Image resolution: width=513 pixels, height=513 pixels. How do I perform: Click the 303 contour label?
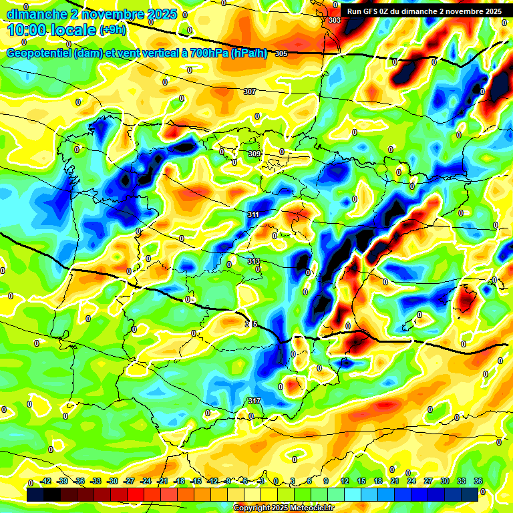click(x=335, y=21)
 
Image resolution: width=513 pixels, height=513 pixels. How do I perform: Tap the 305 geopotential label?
click(x=281, y=53)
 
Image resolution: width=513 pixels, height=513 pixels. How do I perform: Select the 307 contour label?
click(x=250, y=92)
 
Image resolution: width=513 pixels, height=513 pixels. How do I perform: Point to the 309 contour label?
click(x=254, y=154)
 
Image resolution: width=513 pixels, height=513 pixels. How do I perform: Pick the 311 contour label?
click(x=253, y=214)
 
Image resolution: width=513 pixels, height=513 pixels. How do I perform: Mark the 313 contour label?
click(x=253, y=261)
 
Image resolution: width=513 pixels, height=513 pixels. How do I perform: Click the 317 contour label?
click(x=254, y=401)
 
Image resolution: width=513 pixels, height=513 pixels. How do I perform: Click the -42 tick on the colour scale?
click(x=46, y=482)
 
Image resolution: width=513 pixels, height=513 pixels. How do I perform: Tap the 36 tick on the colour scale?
click(x=478, y=482)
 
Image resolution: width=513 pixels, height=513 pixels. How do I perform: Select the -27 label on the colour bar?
click(x=129, y=482)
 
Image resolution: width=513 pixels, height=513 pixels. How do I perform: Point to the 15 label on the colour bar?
click(x=361, y=482)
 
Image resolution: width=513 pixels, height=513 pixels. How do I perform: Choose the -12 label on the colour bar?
click(x=212, y=482)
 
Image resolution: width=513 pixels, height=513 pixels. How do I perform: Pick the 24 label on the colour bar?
click(x=411, y=482)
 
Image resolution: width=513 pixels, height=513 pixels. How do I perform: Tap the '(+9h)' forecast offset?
click(x=112, y=29)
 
